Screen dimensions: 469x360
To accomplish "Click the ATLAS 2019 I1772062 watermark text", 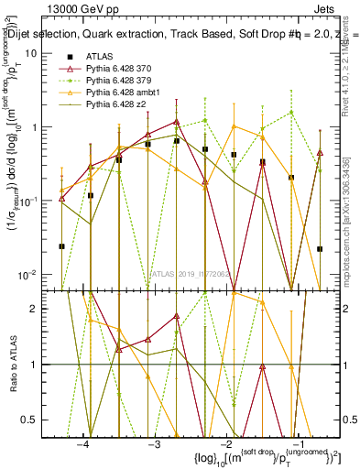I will click(x=188, y=274).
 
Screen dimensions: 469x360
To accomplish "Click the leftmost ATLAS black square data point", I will click(x=62, y=245).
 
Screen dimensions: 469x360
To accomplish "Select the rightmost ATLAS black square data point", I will click(x=320, y=248).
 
